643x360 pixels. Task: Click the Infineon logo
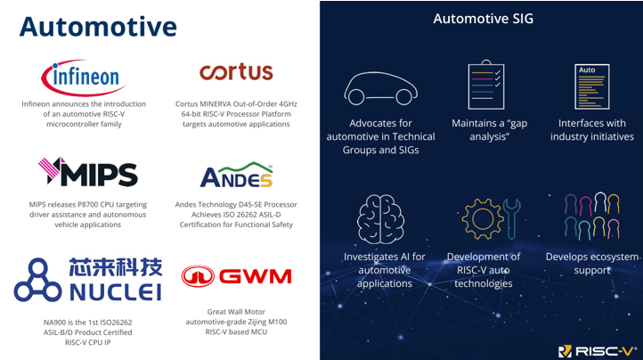click(84, 78)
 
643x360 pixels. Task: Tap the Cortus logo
click(236, 72)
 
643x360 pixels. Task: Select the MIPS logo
click(88, 172)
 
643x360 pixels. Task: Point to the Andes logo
click(236, 175)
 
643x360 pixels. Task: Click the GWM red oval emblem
click(198, 276)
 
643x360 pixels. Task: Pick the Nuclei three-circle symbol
click(37, 280)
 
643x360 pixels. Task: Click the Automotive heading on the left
click(98, 27)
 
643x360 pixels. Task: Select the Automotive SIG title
click(483, 19)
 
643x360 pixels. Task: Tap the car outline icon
click(380, 88)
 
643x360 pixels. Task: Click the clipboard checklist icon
click(486, 85)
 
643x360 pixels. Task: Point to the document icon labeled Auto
click(592, 86)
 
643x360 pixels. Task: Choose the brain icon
click(380, 219)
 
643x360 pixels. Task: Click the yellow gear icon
click(483, 219)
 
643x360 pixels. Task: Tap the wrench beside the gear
click(512, 219)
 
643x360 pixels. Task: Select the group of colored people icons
click(591, 216)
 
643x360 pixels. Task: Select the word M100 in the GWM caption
click(277, 322)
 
